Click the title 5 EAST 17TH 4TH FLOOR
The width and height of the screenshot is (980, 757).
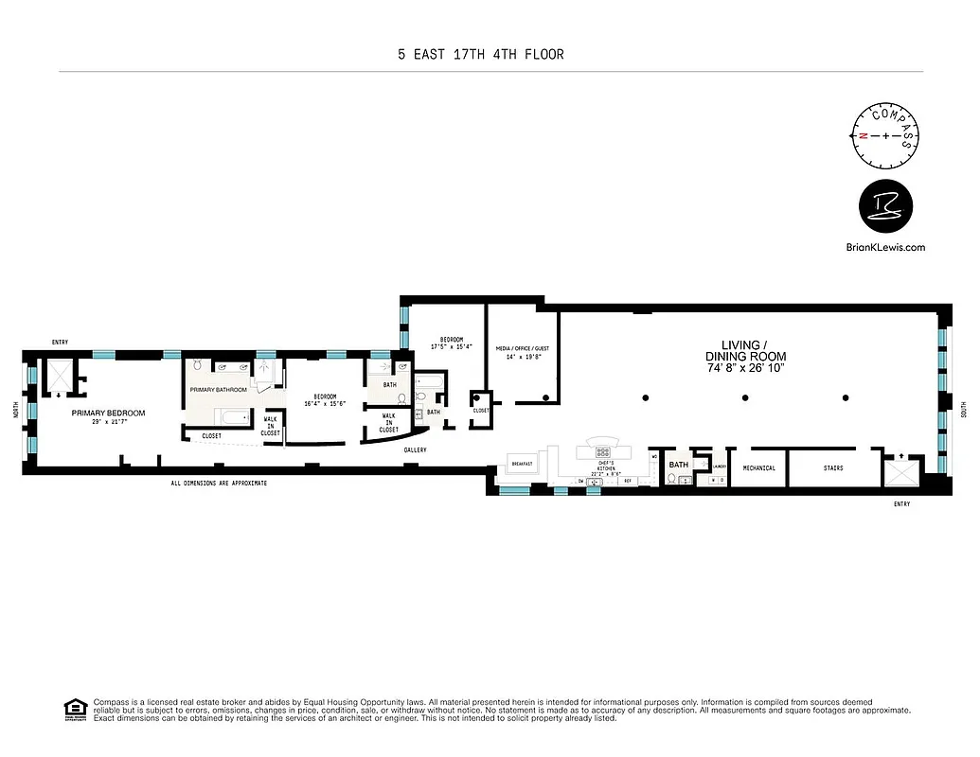point(480,54)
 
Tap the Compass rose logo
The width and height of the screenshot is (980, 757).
point(886,134)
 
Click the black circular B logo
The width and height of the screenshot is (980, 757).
point(884,209)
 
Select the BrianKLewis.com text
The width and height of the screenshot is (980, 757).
point(884,247)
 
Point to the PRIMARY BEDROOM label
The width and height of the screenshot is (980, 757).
point(108,414)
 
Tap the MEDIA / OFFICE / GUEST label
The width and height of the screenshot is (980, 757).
point(523,348)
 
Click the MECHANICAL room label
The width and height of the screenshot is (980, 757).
point(758,467)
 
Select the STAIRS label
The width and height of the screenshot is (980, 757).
point(832,467)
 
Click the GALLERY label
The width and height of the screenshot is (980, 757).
point(414,450)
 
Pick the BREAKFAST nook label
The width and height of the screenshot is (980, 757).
point(523,464)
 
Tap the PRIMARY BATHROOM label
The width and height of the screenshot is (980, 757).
point(218,390)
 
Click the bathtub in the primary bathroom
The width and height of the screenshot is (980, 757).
point(232,416)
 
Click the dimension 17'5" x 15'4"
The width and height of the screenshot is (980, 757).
point(451,347)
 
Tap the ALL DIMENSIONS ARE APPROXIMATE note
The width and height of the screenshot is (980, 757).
point(219,484)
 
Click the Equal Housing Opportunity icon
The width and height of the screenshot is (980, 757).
point(73,709)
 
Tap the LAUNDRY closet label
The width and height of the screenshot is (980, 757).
point(719,467)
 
